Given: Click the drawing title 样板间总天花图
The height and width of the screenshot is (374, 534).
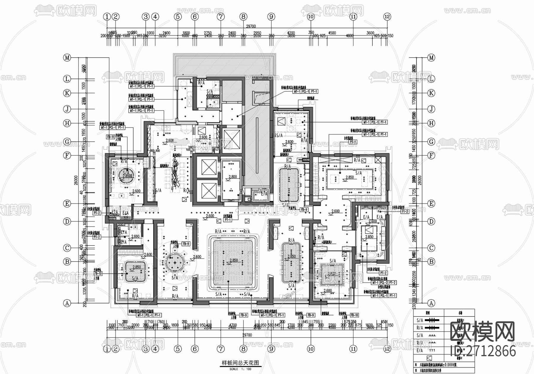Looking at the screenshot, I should (x=241, y=363).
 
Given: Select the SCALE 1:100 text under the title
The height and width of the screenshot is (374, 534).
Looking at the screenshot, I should (x=240, y=369).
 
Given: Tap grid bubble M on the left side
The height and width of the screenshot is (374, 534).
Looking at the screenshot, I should (x=67, y=58).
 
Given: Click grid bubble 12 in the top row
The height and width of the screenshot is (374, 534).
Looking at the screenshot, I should (x=387, y=17).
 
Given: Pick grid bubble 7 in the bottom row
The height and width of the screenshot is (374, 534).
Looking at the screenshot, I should (x=220, y=349).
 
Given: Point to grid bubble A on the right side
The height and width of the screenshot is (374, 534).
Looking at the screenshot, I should (x=431, y=303).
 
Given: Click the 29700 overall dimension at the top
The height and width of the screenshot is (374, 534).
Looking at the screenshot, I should (x=251, y=26).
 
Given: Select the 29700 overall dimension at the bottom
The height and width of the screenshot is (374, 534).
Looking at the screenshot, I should (x=247, y=335).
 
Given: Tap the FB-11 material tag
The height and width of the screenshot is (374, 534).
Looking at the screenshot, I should (x=110, y=137).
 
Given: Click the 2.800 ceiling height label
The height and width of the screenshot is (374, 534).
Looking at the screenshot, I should (x=233, y=177).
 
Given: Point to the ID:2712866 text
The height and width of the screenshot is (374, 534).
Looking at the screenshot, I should (x=483, y=351).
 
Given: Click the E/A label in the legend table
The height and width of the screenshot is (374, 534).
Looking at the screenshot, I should (x=420, y=351).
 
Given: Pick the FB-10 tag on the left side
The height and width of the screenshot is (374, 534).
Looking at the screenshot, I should (x=98, y=274).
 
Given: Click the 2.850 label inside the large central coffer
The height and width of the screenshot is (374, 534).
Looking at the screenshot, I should (x=233, y=260).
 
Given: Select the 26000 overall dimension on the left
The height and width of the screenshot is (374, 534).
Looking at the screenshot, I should (x=76, y=179).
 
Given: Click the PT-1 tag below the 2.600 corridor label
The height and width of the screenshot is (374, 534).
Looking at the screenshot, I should (x=228, y=220).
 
